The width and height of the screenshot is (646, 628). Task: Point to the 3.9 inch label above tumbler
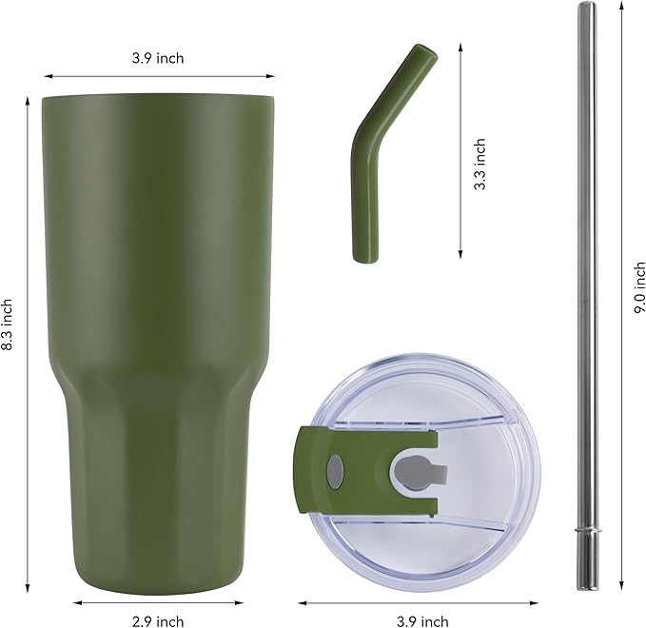[158, 58]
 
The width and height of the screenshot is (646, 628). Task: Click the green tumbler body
[158, 285]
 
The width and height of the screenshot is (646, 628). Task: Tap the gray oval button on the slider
[335, 469]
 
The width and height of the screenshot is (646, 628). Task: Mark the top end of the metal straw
[586, 8]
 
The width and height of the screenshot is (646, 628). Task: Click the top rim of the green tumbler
[158, 97]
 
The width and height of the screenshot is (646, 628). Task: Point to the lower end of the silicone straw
[362, 252]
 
